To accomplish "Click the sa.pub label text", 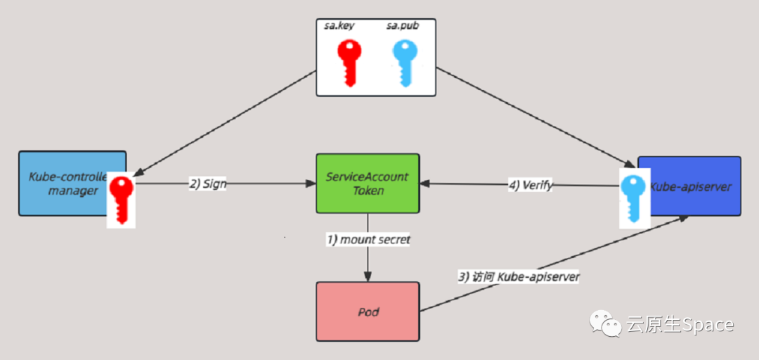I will [401, 27].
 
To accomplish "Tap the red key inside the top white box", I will [349, 63].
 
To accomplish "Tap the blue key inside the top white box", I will [405, 63].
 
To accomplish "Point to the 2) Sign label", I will [207, 184].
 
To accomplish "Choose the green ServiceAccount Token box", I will [368, 183].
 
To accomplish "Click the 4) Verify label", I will [530, 186].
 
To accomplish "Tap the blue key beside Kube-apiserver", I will [635, 198].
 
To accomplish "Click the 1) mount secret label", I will [368, 240].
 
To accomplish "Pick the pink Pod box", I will [368, 311].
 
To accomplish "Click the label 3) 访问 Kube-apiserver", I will [519, 276].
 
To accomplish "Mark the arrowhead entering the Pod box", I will [368, 277].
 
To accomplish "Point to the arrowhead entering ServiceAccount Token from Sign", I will [311, 184].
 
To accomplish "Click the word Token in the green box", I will [367, 190].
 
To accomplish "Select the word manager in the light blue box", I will [74, 191].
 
